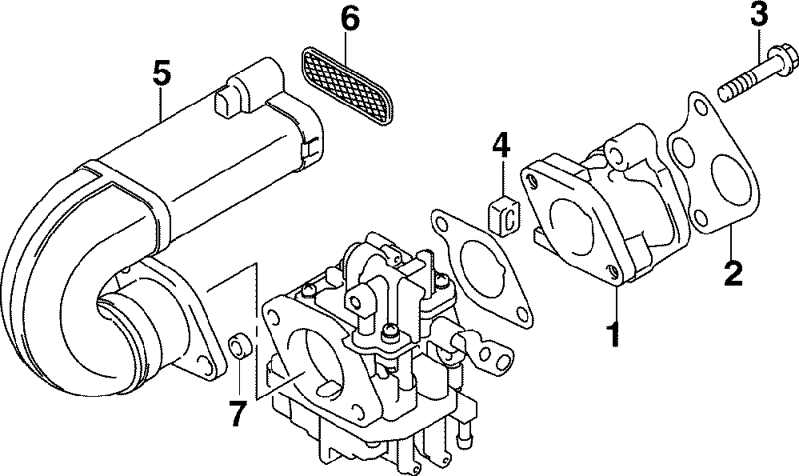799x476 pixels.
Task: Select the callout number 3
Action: click(758, 15)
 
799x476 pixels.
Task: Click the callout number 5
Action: click(162, 75)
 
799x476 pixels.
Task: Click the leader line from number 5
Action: click(162, 104)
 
